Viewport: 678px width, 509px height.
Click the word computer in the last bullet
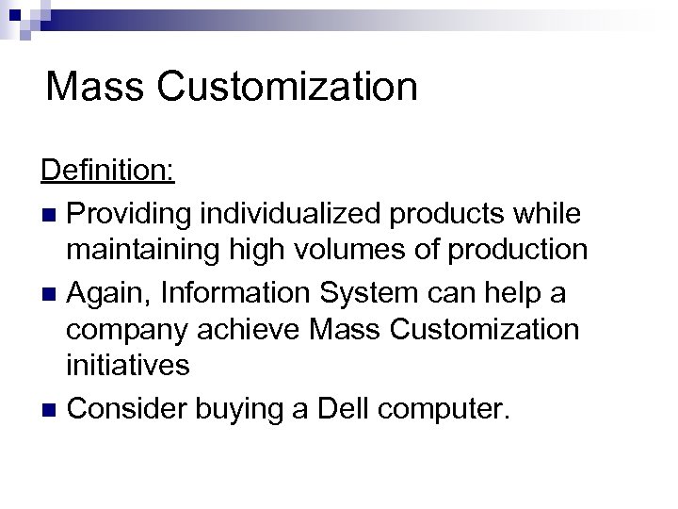pos(442,410)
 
